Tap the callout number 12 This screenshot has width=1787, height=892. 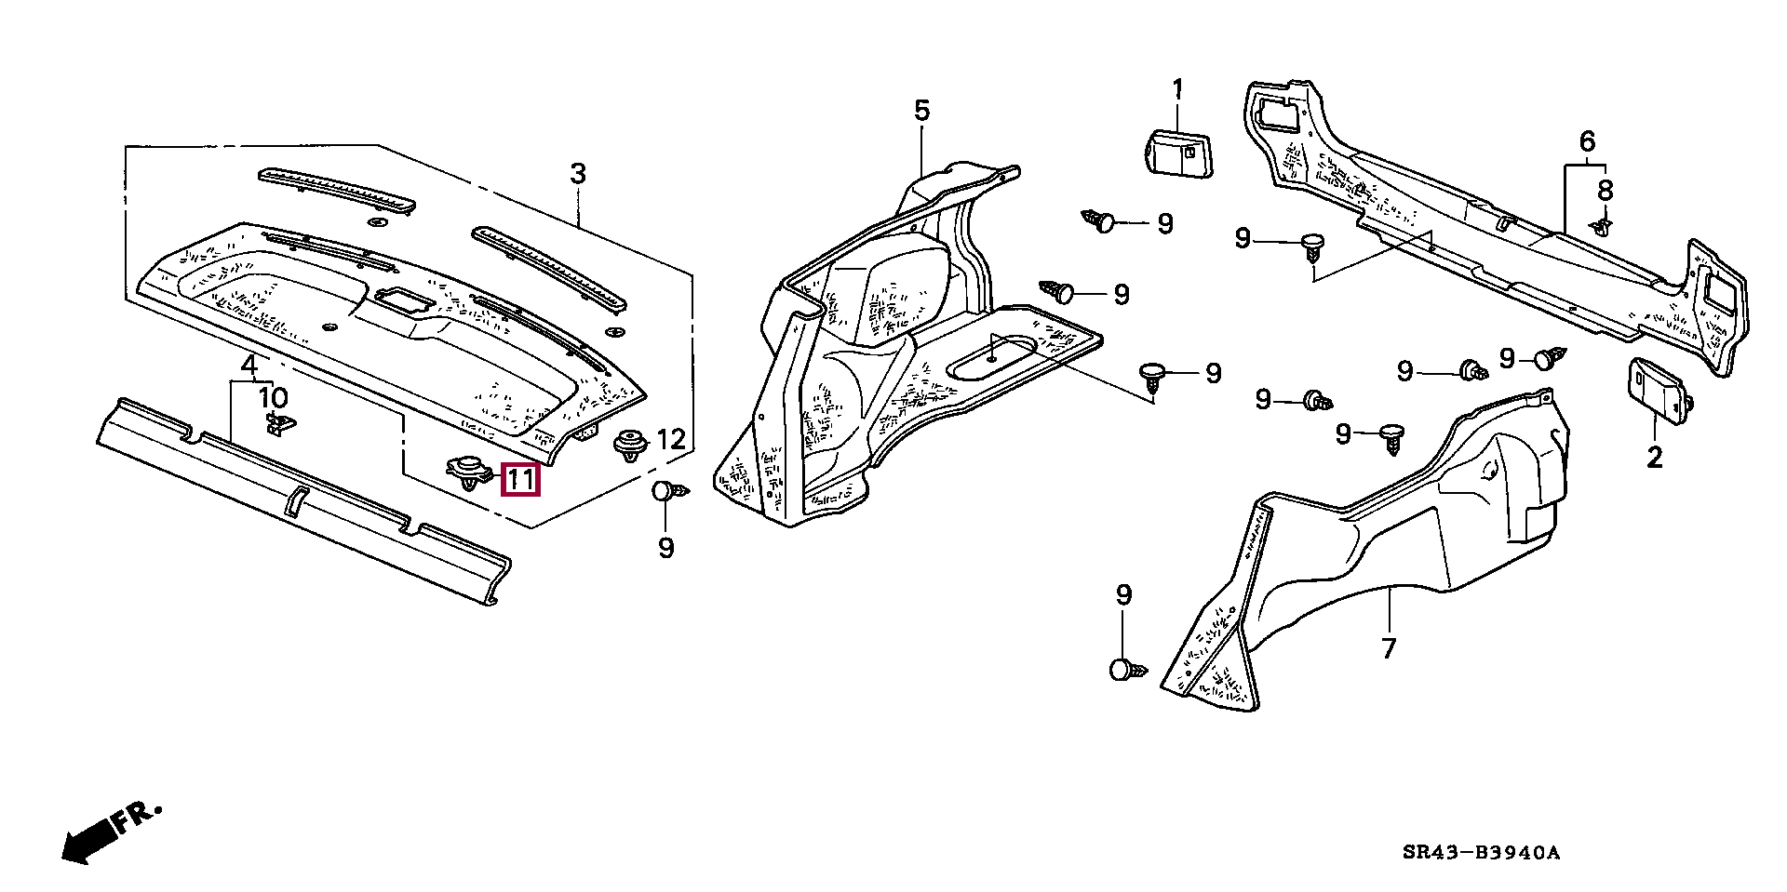pyautogui.click(x=671, y=440)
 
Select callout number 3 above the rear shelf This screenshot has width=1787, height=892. pyautogui.click(x=578, y=173)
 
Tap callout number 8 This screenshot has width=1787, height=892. pyautogui.click(x=1606, y=191)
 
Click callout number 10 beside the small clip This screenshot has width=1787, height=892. pyautogui.click(x=274, y=398)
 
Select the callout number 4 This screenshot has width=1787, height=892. pyautogui.click(x=249, y=364)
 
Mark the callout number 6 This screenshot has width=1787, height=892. pyautogui.click(x=1587, y=141)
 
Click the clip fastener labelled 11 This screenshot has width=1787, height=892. pyautogui.click(x=471, y=473)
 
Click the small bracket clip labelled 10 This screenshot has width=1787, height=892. pyautogui.click(x=281, y=423)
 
